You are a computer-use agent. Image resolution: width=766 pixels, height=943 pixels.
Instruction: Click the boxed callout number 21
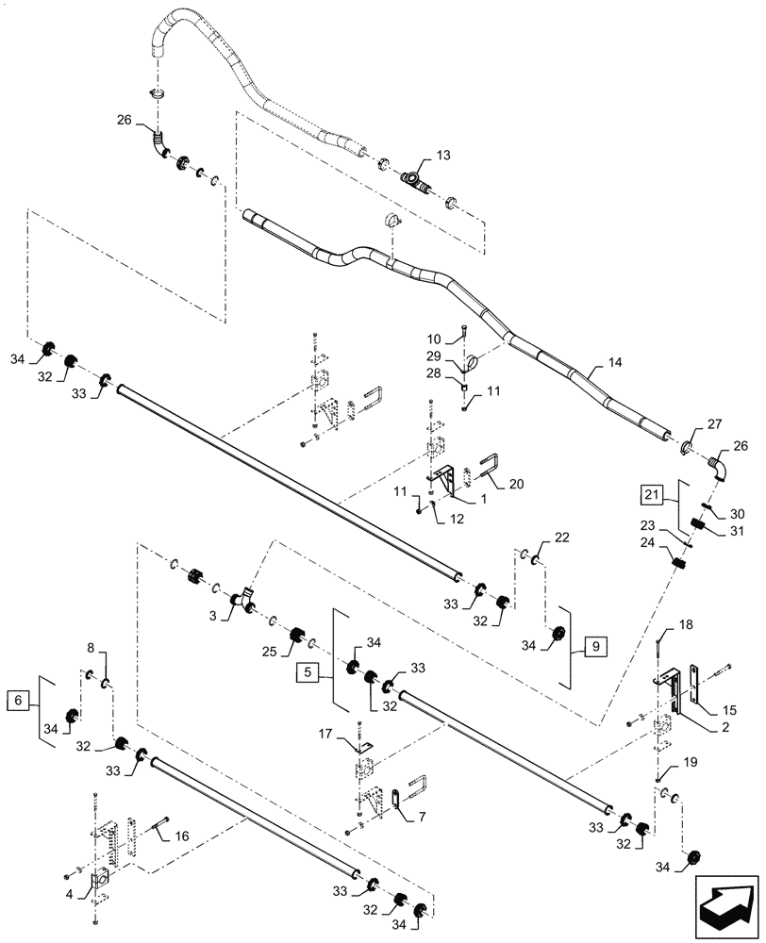651,492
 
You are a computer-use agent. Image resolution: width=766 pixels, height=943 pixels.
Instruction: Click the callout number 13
443,153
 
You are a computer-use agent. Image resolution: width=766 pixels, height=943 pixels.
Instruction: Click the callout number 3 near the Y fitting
212,615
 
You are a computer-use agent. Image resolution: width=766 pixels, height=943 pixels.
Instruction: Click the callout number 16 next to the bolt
182,835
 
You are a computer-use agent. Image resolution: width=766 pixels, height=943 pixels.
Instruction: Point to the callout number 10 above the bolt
434,339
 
